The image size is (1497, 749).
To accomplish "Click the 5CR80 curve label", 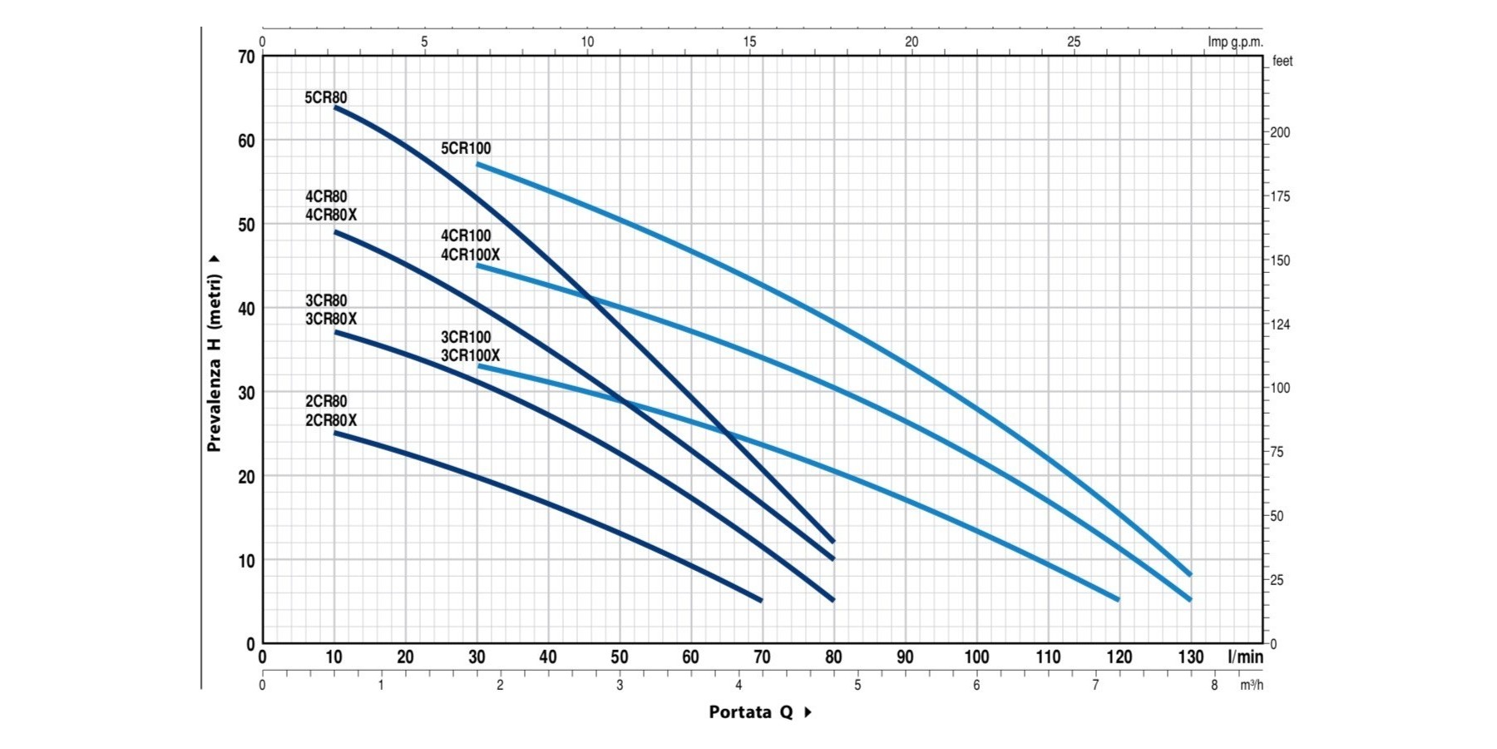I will click(x=326, y=97).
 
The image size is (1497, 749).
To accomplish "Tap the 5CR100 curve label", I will click(x=466, y=148).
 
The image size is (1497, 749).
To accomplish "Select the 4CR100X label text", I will click(x=470, y=255).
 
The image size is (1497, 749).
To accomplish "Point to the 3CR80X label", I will click(x=331, y=319).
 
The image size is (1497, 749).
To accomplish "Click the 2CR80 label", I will click(x=326, y=401).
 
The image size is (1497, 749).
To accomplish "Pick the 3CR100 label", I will click(x=466, y=337).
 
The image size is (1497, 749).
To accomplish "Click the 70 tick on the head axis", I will click(x=246, y=57).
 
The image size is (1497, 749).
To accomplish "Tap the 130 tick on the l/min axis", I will click(x=1190, y=657).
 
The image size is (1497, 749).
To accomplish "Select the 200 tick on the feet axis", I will click(x=1280, y=132).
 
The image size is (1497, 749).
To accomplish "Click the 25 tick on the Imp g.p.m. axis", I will click(x=1074, y=42).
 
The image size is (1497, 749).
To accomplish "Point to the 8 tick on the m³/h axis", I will click(x=1214, y=685).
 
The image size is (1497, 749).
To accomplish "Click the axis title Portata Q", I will click(x=751, y=712).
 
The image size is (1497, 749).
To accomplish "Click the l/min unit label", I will click(x=1245, y=657).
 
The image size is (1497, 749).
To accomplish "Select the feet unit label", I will click(x=1282, y=61).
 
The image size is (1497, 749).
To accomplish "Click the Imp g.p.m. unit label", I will click(x=1235, y=42).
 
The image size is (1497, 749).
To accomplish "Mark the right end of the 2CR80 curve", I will click(x=761, y=600).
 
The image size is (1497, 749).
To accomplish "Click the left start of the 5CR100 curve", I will click(x=477, y=164).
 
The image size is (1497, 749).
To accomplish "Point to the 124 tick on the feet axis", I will click(x=1280, y=325).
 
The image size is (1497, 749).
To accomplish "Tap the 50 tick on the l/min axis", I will click(x=619, y=657).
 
